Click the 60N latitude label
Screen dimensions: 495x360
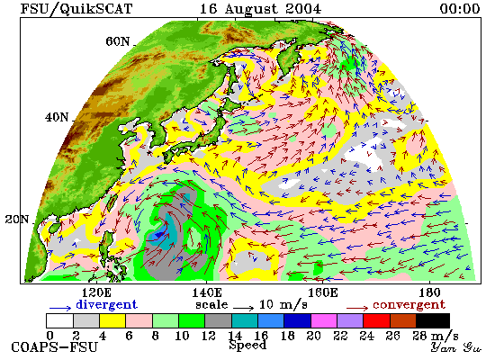click(x=117, y=41)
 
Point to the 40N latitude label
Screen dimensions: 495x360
click(x=57, y=117)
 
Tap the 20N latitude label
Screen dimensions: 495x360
click(x=17, y=220)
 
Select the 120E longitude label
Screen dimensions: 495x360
click(x=96, y=292)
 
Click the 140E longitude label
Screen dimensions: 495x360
click(x=207, y=292)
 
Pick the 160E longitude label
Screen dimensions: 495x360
click(x=322, y=292)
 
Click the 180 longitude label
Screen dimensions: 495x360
click(x=429, y=292)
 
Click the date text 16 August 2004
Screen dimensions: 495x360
click(x=260, y=9)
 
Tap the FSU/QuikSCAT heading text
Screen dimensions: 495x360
click(x=76, y=9)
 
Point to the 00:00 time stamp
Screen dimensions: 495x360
click(x=460, y=9)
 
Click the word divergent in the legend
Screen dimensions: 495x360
click(x=106, y=304)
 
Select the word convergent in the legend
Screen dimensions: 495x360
click(x=409, y=305)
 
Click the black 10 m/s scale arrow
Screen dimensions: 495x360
click(x=243, y=307)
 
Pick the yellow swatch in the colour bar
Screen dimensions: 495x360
click(x=112, y=320)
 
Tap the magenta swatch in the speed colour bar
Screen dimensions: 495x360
click(x=324, y=320)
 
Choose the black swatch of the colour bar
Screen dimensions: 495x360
click(x=433, y=320)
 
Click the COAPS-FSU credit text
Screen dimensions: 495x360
click(x=54, y=347)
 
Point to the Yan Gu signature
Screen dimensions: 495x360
click(x=456, y=347)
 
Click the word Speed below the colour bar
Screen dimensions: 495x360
click(x=247, y=345)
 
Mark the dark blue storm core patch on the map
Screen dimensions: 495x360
click(x=159, y=235)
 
